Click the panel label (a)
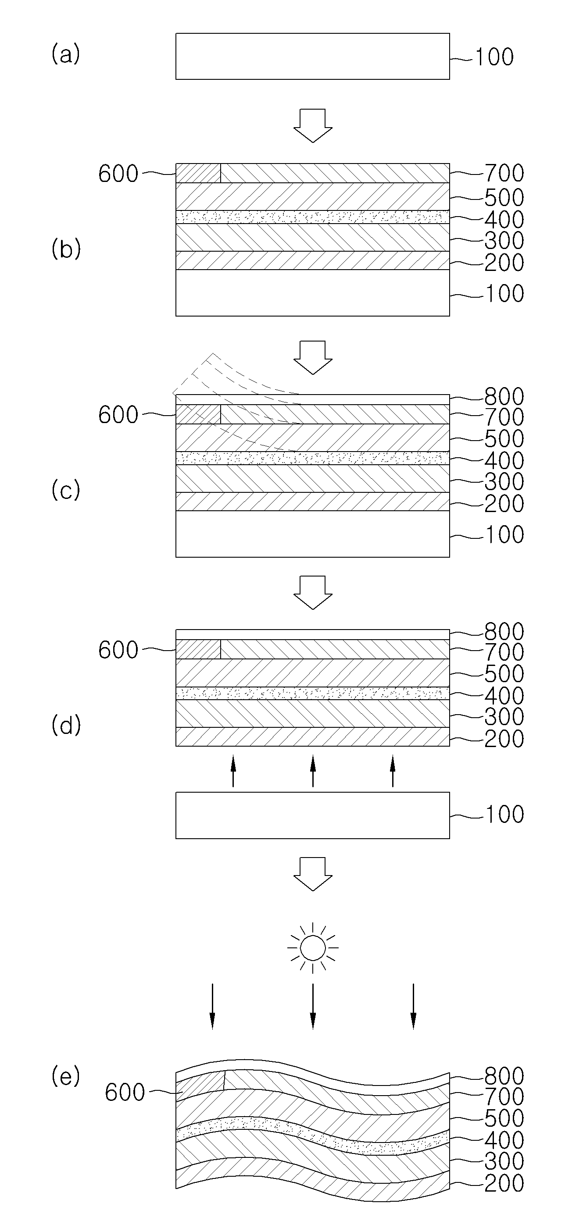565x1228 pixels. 66,54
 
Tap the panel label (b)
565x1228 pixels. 66,249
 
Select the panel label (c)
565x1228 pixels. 66,491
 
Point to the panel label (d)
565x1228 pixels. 66,725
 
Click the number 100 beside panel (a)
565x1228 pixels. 494,57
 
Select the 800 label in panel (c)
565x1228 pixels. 504,396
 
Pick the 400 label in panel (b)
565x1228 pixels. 504,219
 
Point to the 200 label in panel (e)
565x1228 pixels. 504,1183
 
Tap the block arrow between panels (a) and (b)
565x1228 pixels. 313,126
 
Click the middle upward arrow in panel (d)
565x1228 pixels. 313,770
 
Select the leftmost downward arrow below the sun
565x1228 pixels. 212,1006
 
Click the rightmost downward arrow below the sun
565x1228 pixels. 413,1006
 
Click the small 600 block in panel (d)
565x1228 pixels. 198,649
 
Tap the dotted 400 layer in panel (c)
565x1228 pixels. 313,458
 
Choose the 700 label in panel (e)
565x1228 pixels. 504,1097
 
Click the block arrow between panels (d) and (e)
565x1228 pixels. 313,874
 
